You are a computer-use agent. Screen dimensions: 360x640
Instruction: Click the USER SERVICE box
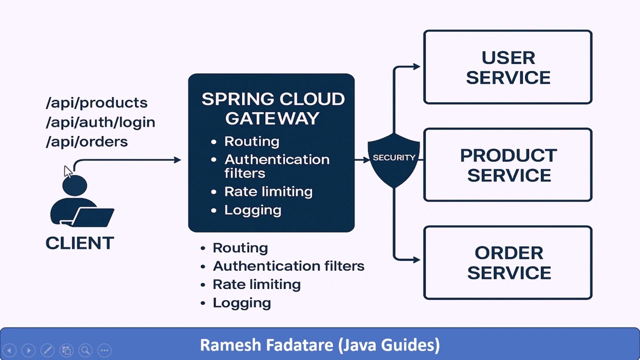coord(508,67)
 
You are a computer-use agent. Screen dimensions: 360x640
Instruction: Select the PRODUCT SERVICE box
coord(508,165)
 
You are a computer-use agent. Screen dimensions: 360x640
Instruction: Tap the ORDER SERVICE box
coord(508,262)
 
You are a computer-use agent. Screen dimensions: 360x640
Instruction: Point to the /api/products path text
coord(96,102)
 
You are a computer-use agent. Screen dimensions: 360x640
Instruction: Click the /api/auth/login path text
coord(100,122)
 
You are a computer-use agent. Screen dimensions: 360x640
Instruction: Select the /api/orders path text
coord(86,141)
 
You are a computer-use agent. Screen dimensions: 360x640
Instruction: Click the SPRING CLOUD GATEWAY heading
coord(272,108)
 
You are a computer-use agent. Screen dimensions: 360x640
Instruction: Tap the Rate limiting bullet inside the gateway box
coord(268,191)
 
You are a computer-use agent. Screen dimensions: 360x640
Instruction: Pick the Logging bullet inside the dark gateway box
coord(252,210)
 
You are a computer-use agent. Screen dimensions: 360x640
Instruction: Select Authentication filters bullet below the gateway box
coord(288,266)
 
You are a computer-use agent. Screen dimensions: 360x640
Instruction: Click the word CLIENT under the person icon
coord(79,243)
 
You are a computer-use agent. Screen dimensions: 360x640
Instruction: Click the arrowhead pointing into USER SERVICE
coord(416,66)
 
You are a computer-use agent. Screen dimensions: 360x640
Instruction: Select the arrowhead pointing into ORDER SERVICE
coord(416,259)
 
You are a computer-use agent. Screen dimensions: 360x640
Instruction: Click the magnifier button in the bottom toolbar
coord(85,350)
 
